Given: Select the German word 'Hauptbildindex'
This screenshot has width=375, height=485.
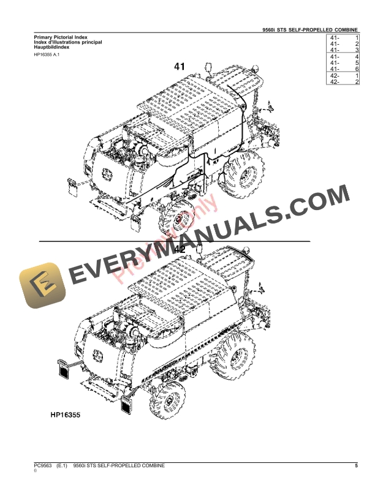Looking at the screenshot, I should (x=51, y=48).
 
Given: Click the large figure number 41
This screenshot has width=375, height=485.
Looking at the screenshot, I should (x=180, y=66).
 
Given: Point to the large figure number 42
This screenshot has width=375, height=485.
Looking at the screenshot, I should (x=180, y=250).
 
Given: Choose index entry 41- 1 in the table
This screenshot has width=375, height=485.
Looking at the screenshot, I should (x=344, y=38).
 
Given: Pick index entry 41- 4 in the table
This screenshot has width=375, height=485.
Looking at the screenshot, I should (x=344, y=57).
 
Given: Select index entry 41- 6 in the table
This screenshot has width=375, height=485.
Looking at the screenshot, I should (x=344, y=69).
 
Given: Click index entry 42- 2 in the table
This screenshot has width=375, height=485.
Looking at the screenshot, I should (x=344, y=81).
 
